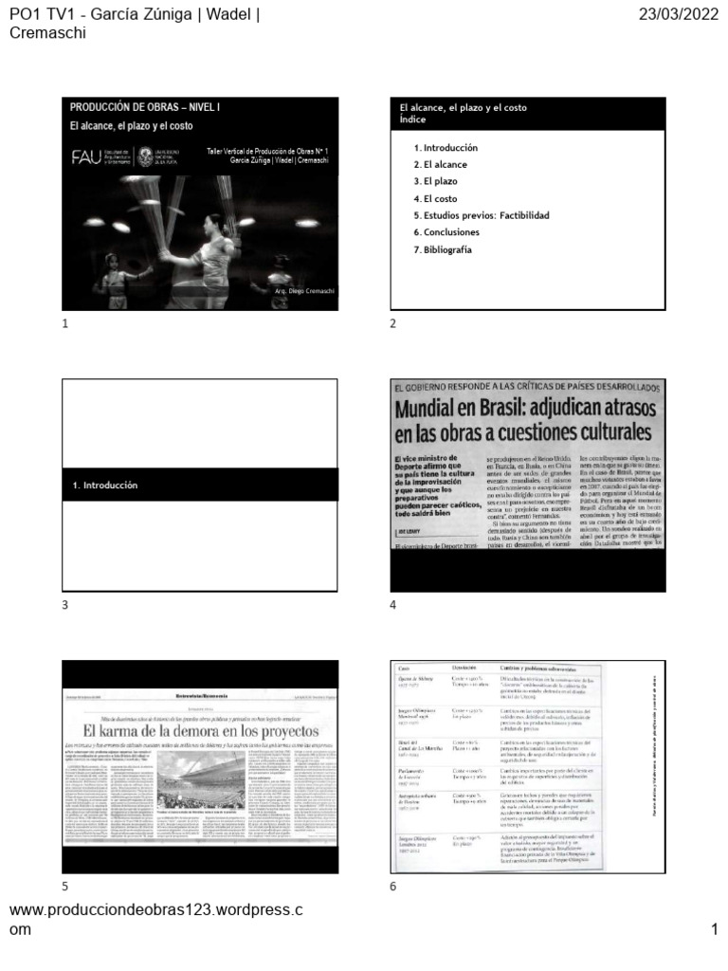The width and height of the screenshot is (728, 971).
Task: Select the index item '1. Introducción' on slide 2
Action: [446, 148]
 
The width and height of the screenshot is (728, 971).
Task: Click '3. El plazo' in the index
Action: [435, 181]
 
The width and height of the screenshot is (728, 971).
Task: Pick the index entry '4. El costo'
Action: [435, 198]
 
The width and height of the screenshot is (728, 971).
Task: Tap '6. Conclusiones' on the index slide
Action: [446, 232]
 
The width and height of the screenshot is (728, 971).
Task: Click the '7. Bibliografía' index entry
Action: [443, 249]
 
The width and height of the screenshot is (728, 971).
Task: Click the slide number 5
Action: [65, 887]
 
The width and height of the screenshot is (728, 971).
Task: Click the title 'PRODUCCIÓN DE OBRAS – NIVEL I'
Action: [144, 108]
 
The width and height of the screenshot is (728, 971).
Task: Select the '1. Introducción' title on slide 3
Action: [105, 485]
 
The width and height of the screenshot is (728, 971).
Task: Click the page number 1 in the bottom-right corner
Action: [714, 929]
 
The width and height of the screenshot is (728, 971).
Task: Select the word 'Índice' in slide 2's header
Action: [413, 120]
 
